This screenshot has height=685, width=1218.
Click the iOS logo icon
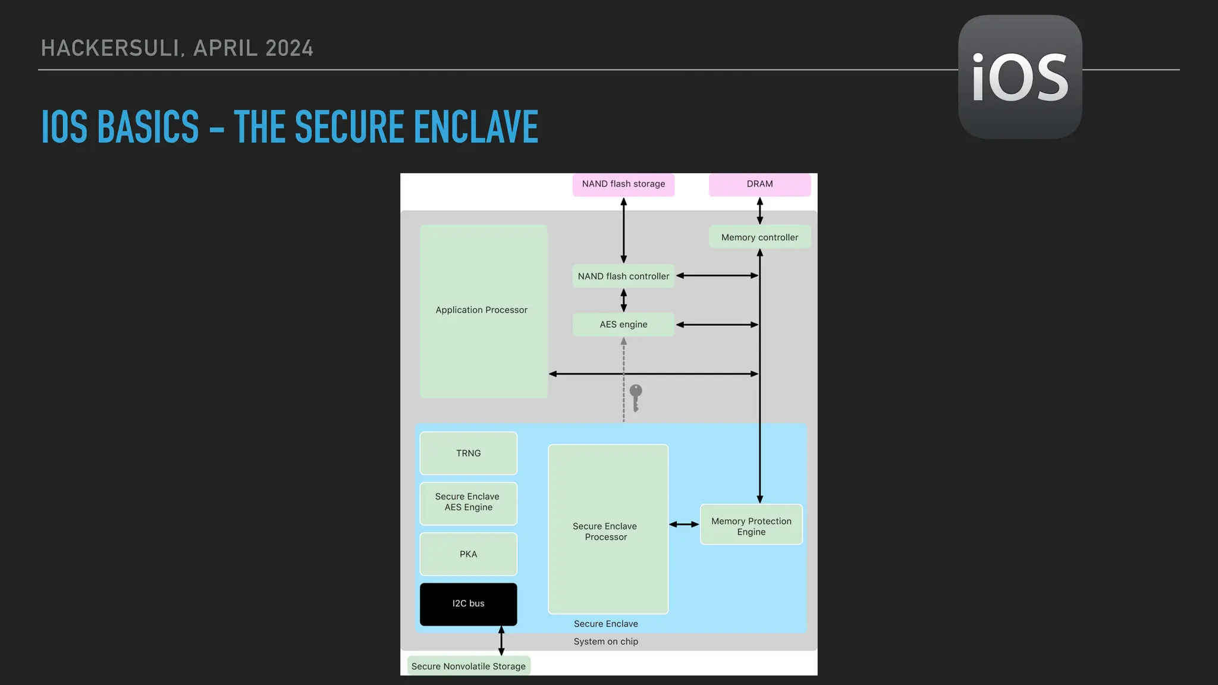coord(1020,77)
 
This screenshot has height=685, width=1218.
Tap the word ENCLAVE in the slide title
coord(476,127)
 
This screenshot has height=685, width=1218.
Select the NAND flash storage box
coord(623,184)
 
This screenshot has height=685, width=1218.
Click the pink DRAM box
coord(759,184)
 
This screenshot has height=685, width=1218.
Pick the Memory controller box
coord(759,237)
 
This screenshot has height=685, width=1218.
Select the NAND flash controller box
coord(623,276)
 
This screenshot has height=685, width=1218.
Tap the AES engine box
coord(623,325)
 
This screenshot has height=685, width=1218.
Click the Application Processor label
coord(481,310)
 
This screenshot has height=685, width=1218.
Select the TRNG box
coord(468,453)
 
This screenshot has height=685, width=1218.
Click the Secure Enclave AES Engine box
coord(468,502)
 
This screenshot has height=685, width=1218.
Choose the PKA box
coord(468,554)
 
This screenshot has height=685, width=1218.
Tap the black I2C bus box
coord(468,604)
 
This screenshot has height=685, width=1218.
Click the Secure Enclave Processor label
coord(605,532)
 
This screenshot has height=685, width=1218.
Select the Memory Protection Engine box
coord(751,526)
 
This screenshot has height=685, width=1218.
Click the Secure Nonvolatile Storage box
coord(468,667)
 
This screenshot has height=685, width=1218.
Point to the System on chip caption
coord(605,642)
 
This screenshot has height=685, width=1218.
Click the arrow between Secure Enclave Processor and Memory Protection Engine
coord(684,524)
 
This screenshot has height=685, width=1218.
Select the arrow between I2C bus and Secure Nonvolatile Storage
coord(501,640)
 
